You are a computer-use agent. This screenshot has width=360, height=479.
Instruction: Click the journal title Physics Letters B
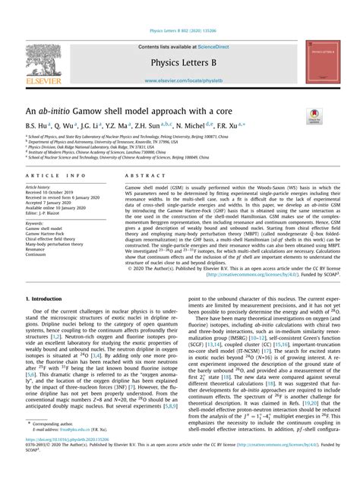coord(179,61)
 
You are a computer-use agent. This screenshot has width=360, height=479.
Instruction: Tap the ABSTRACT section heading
coord(140,175)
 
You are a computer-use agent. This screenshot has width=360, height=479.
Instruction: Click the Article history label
coord(39,187)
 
